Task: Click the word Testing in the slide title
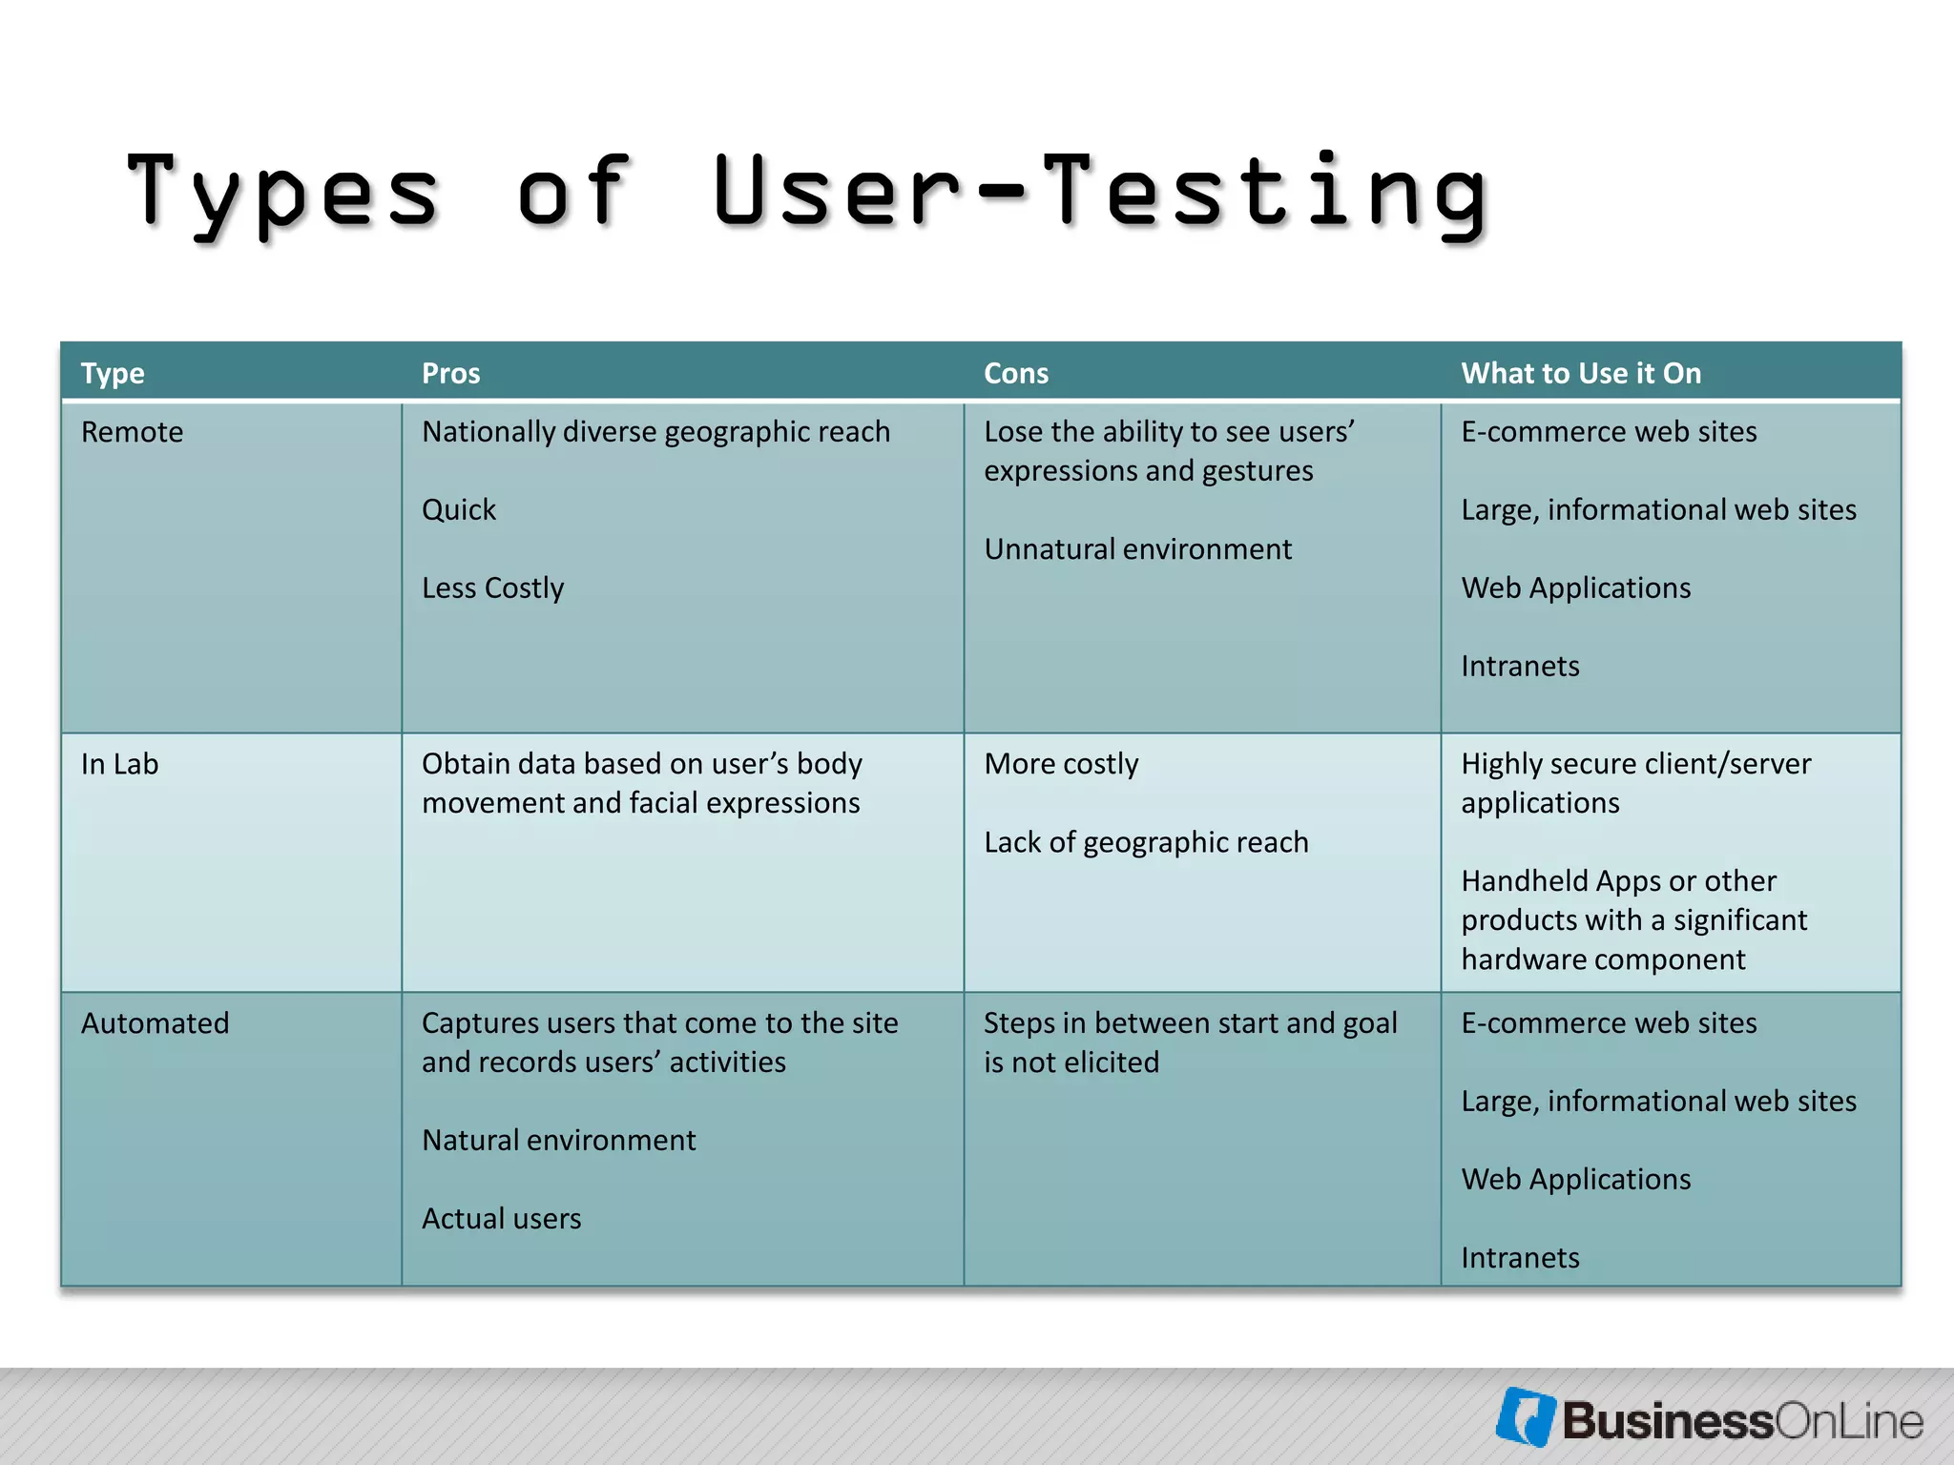tap(1264, 194)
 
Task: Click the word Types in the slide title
tap(283, 194)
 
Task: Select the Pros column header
tap(450, 373)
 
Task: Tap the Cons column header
tap(1015, 373)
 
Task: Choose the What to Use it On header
tap(1580, 373)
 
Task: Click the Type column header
tap(113, 373)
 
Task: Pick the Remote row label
tap(132, 432)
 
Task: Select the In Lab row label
tap(119, 764)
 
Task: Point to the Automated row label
tap(155, 1023)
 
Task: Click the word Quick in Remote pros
tap(459, 510)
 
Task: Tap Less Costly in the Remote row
tap(492, 588)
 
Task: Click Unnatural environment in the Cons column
tap(1137, 549)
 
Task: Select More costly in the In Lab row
tap(1061, 764)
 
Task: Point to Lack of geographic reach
tap(1146, 842)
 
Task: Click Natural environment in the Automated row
tap(558, 1140)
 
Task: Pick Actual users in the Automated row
tap(501, 1218)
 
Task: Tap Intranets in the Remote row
tap(1520, 666)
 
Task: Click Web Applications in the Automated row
tap(1575, 1179)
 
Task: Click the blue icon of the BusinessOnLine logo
tap(1525, 1416)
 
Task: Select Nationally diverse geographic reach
tap(655, 432)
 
